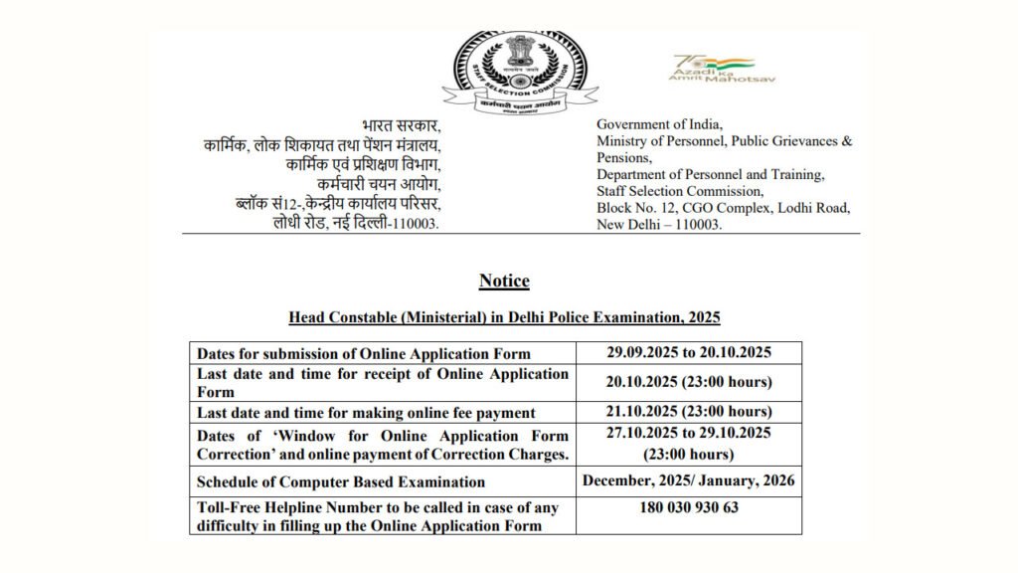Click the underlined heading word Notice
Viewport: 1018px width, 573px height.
(504, 282)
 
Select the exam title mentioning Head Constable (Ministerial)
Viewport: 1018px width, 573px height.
(504, 318)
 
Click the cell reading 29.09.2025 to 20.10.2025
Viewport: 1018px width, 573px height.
(689, 352)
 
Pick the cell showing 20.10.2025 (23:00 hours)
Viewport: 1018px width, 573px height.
(689, 382)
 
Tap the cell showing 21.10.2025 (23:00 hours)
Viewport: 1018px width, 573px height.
(689, 411)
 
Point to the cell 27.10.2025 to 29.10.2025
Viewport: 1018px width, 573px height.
(689, 434)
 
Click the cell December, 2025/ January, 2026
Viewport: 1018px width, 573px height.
(689, 480)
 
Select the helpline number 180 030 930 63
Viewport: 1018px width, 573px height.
(689, 507)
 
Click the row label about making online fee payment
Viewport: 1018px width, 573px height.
(366, 412)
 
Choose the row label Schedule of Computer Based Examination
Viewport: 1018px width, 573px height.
(341, 481)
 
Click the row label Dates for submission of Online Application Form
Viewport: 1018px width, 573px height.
(364, 353)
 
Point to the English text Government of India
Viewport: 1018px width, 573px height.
(659, 124)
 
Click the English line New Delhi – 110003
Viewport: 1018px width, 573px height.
(659, 225)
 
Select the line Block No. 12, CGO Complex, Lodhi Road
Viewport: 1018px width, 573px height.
(723, 208)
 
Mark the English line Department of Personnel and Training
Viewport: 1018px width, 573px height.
(710, 174)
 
